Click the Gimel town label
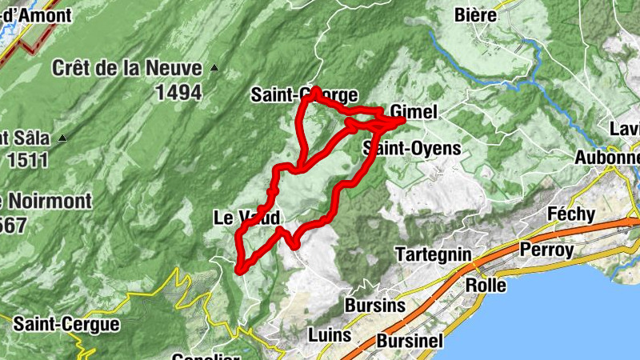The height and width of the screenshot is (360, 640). tap(414, 113)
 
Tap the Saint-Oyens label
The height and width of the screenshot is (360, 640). tap(411, 148)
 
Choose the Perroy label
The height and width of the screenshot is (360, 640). tap(546, 250)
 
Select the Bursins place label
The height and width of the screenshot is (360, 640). tap(375, 305)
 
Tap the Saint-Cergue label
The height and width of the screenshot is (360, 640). tap(66, 324)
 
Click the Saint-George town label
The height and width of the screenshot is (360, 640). tap(304, 94)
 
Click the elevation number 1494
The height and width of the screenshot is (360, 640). tap(178, 93)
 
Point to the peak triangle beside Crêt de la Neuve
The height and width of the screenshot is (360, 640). tap(214, 68)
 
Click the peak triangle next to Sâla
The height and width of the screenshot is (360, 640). tap(62, 138)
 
